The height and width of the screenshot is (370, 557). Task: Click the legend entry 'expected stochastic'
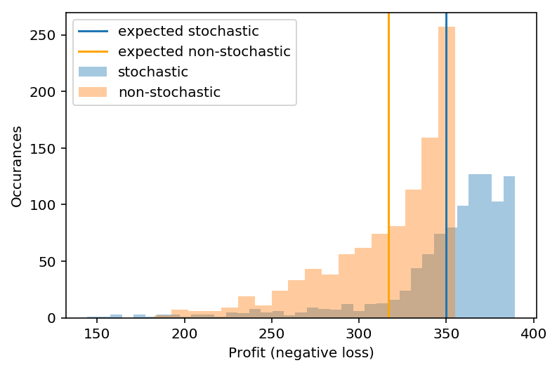pos(188,32)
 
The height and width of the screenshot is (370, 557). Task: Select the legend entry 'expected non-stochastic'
pos(204,51)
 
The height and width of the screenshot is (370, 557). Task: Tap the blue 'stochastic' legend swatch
pos(93,72)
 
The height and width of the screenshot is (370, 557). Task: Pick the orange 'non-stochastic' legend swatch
pos(93,92)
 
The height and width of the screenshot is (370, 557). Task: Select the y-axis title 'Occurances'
pos(17,166)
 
